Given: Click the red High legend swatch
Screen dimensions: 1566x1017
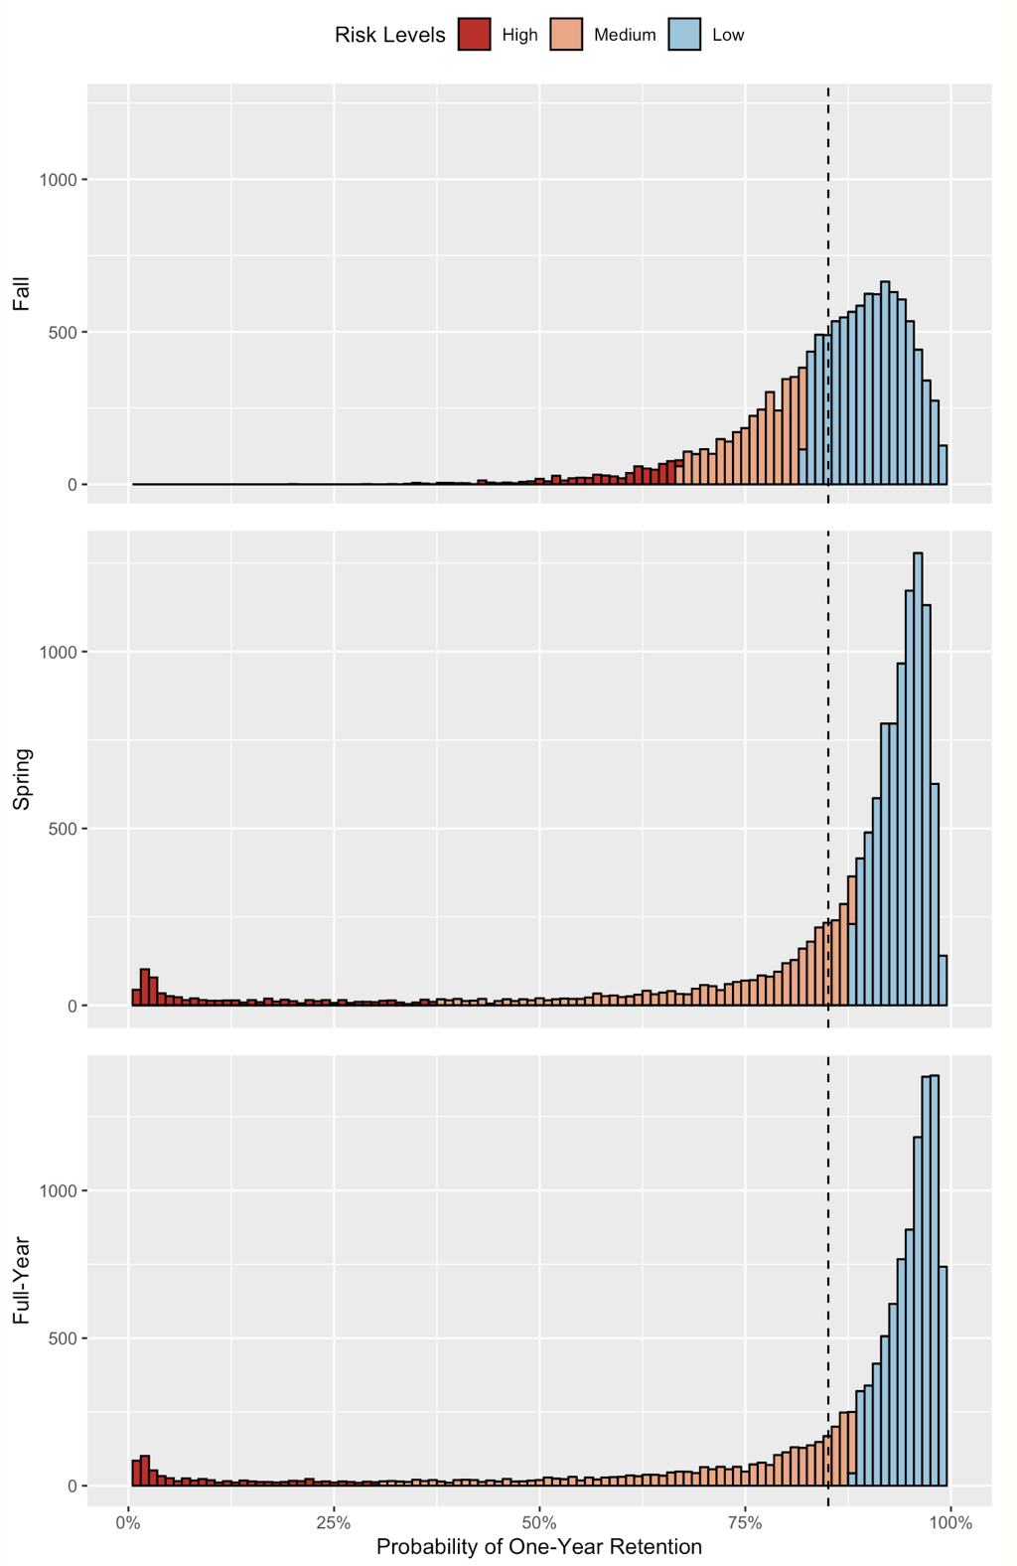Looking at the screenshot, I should (x=475, y=35).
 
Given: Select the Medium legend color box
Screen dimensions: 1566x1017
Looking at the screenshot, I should (x=566, y=35).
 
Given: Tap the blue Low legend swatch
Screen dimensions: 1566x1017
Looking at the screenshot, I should (x=684, y=35).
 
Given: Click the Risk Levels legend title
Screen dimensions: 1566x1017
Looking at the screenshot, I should (x=389, y=35).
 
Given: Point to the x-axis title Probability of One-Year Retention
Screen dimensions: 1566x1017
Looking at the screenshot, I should (x=539, y=1547).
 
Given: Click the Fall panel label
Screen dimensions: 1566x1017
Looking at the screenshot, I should (x=21, y=294).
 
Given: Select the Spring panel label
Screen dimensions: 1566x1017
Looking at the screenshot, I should (x=21, y=780).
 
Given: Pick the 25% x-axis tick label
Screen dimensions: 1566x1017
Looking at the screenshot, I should (x=334, y=1522).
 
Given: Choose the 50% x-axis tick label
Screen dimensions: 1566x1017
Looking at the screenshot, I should (x=539, y=1522).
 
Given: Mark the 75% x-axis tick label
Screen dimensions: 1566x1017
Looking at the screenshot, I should (x=745, y=1522).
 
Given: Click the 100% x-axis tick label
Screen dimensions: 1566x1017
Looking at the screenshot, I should (x=950, y=1522).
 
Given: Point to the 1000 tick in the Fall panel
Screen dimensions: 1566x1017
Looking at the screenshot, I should (x=58, y=180).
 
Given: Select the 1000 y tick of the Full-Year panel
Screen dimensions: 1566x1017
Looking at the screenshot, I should (x=58, y=1190).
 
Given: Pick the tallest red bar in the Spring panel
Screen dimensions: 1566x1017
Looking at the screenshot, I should (x=145, y=987).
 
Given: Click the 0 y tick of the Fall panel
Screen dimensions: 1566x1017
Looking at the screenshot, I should (x=73, y=485).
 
